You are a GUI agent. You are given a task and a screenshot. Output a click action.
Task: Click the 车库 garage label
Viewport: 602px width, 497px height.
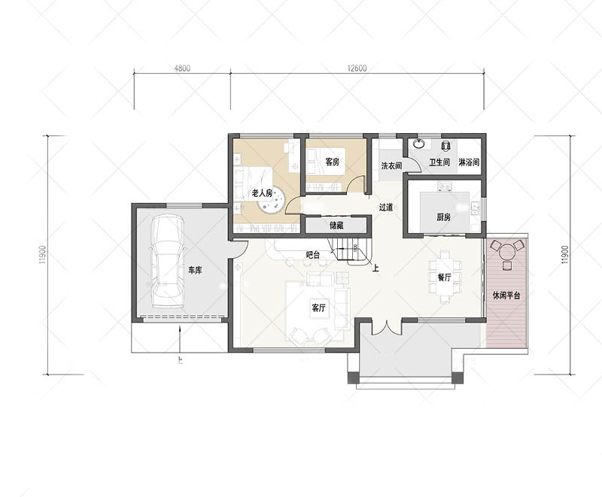click(x=195, y=271)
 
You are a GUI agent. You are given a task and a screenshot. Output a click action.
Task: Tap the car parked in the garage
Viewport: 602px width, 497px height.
click(x=167, y=261)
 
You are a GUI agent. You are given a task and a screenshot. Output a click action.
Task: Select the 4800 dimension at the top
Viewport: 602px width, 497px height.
click(x=182, y=68)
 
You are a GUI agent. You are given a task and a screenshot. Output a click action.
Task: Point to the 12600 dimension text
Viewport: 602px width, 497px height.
click(x=357, y=68)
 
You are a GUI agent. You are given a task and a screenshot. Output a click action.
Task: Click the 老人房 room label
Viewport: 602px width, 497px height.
click(x=262, y=193)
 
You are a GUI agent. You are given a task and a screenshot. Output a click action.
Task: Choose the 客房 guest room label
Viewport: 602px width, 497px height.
click(x=333, y=162)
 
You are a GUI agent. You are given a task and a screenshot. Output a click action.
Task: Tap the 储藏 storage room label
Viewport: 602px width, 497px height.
click(x=336, y=226)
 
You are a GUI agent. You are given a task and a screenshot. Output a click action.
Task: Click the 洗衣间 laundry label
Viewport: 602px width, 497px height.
click(x=391, y=165)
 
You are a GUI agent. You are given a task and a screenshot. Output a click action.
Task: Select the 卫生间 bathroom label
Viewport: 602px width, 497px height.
click(x=439, y=162)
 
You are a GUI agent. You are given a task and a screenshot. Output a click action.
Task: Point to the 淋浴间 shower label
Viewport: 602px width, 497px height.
click(x=469, y=162)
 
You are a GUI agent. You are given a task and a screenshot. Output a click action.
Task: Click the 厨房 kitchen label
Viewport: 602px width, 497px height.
click(x=443, y=217)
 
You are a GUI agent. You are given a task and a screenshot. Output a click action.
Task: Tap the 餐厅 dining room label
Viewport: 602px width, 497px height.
click(x=444, y=277)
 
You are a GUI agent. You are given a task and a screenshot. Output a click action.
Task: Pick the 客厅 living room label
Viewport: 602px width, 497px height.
click(x=318, y=308)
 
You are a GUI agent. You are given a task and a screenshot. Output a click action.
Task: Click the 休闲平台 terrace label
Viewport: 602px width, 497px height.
click(x=506, y=295)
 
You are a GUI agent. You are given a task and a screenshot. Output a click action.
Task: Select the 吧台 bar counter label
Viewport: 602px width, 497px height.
click(x=313, y=255)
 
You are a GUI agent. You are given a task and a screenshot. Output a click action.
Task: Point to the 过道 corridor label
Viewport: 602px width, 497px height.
click(x=386, y=208)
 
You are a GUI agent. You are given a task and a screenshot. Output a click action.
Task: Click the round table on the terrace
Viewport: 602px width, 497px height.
click(x=507, y=253)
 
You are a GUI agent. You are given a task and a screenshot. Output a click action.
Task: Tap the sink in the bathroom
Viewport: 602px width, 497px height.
click(x=419, y=144)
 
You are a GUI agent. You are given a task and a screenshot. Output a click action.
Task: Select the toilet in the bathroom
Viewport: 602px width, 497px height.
click(x=445, y=145)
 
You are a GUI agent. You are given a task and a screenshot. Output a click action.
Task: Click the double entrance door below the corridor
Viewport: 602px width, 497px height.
click(x=387, y=327)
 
